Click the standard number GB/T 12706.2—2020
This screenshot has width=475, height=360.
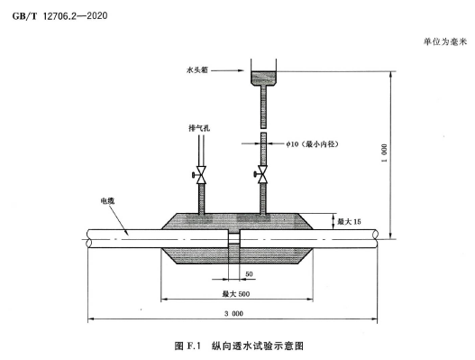click(59, 15)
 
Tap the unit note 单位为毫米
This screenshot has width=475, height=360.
click(445, 42)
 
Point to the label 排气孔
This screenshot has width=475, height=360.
click(199, 128)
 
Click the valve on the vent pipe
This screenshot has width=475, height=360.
click(200, 175)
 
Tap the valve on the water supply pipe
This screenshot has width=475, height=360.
click(262, 174)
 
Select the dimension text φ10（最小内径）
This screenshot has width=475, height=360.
click(313, 143)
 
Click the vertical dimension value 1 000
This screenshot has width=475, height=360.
click(384, 152)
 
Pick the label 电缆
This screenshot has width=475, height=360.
click(107, 201)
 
